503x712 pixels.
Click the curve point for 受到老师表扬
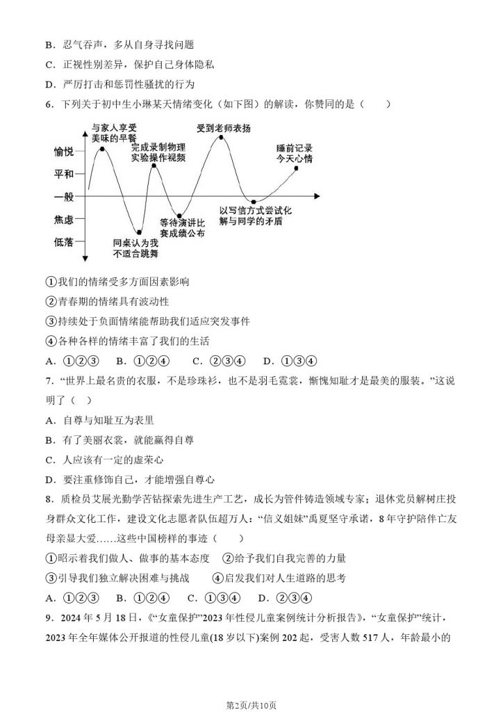point(221,138)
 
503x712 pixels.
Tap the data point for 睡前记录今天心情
point(296,169)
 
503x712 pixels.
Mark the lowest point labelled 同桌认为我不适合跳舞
point(140,232)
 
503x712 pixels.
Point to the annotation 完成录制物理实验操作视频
point(158,152)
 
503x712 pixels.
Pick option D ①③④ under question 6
point(290,361)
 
